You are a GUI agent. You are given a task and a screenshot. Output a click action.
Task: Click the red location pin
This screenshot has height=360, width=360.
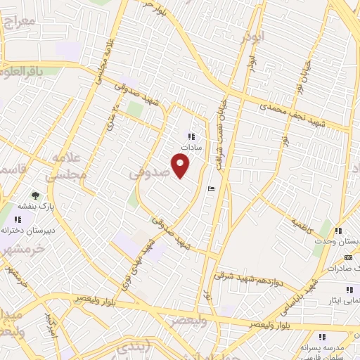coord(181,166)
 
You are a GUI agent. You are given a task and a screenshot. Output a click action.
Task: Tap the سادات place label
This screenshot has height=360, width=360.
coord(191,148)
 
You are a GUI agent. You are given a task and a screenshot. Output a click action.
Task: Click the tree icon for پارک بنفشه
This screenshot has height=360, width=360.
coord(35,195)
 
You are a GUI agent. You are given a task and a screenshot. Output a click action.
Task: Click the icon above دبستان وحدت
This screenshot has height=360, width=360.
coord(338,231)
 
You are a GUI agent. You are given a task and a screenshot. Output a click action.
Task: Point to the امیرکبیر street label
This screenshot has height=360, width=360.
coord(51,323)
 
